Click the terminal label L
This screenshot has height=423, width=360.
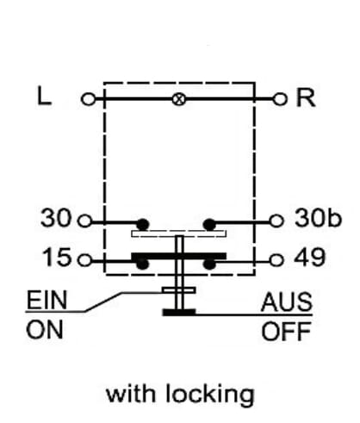click(45, 96)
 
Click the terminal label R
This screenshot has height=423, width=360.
click(306, 97)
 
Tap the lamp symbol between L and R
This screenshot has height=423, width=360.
click(179, 99)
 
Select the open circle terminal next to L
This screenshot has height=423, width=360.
click(88, 99)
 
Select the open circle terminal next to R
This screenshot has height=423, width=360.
click(280, 99)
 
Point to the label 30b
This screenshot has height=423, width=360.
click(318, 218)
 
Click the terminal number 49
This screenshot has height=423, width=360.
click(310, 257)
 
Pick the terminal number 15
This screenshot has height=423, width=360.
click(57, 257)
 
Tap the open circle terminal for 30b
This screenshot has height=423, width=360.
click(276, 221)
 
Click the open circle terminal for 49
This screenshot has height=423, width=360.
click(276, 260)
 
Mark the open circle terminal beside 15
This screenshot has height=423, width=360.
click(85, 260)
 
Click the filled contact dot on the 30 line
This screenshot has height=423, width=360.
click(143, 224)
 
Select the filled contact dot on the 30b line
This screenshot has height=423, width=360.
click(209, 224)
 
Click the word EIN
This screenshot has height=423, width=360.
click(47, 300)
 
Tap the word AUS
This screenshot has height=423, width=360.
click(287, 302)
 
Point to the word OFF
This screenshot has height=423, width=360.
click(286, 331)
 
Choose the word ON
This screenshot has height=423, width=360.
click(45, 330)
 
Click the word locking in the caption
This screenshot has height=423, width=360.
click(210, 395)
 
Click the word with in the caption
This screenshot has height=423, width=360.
click(132, 393)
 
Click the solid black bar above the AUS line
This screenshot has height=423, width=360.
click(179, 313)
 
